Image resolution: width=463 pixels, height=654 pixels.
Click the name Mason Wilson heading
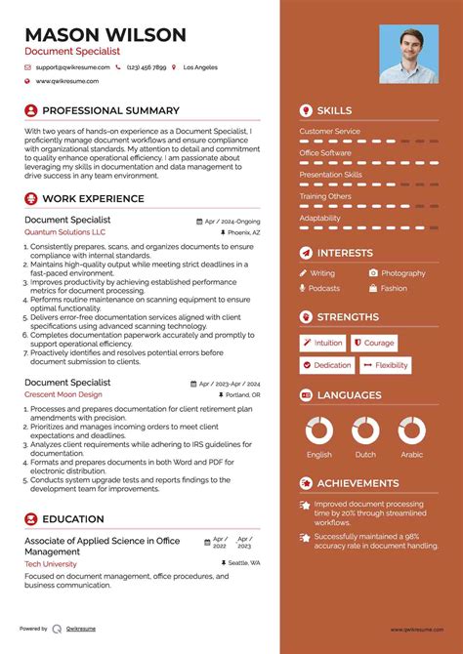[105, 35]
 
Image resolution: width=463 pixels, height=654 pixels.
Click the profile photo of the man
[408, 54]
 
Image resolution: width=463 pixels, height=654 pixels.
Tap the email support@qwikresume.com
[71, 67]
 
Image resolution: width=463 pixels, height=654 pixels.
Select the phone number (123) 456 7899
[146, 67]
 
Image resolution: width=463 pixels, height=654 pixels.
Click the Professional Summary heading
[110, 110]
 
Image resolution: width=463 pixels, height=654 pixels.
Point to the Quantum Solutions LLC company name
[65, 233]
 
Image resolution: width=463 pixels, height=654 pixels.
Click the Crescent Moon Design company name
[63, 394]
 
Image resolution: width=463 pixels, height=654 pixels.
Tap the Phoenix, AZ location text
[243, 233]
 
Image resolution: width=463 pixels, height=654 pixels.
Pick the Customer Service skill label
[329, 131]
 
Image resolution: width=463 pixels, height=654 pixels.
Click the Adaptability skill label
[319, 218]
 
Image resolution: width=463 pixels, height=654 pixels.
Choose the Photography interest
[402, 273]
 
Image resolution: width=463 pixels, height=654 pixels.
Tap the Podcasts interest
[324, 289]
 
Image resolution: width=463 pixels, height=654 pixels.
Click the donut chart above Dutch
[365, 430]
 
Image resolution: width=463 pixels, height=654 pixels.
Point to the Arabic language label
[411, 455]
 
